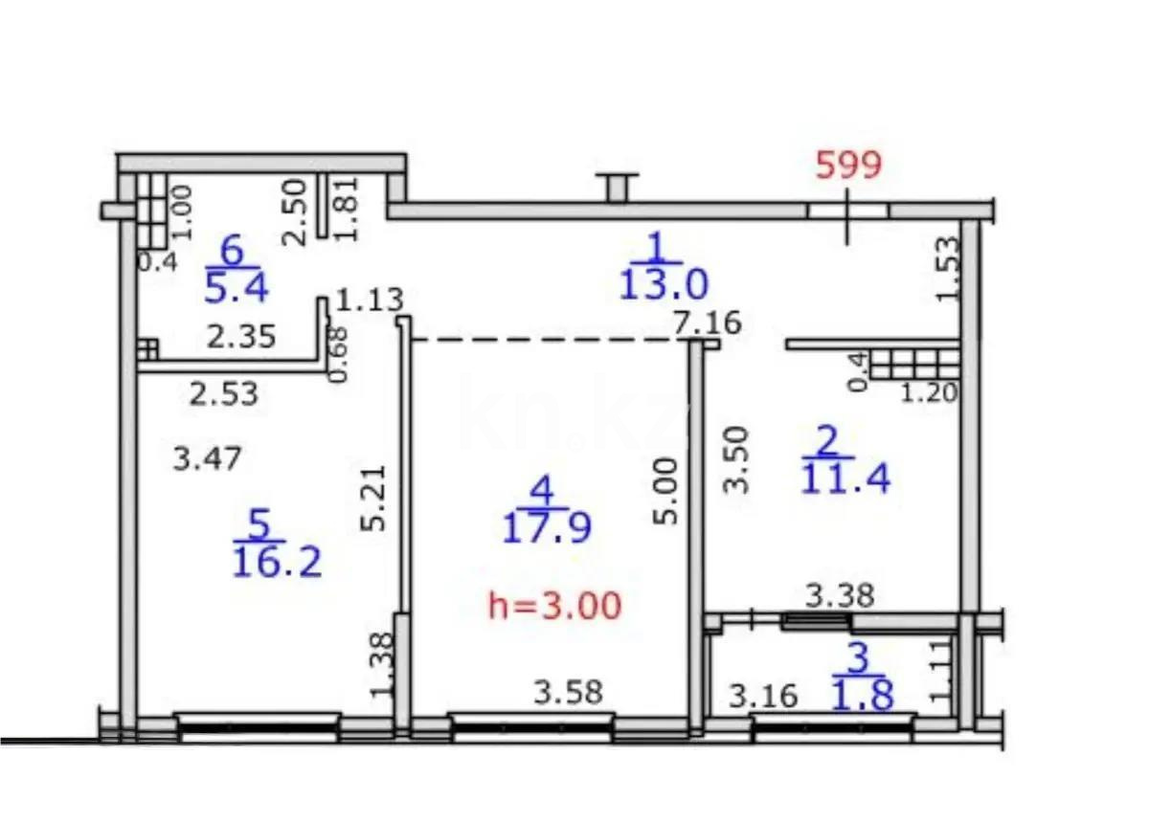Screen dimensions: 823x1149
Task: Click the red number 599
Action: coord(847,166)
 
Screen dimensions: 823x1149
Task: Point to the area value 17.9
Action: coord(547,526)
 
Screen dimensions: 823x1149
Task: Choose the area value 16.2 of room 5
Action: coord(277,562)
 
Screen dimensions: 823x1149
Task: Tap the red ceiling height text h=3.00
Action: coord(555,605)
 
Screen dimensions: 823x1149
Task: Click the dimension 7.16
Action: coord(708,323)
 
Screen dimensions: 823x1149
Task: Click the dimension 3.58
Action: coord(569,692)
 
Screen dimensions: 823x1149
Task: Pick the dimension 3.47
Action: coord(207,459)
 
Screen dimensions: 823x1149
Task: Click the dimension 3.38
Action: coord(839,596)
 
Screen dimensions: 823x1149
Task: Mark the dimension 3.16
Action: coord(762,695)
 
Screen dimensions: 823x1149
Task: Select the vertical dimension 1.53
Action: coord(947,269)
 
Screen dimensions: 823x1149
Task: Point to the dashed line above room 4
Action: coord(546,340)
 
